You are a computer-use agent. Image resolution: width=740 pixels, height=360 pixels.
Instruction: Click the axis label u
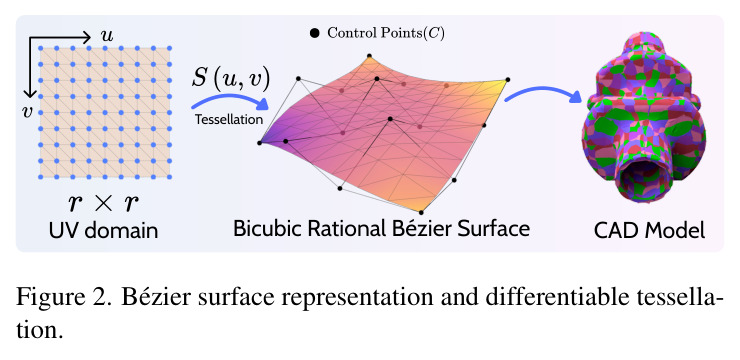coord(107,36)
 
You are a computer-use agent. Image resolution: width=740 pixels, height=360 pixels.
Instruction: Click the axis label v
coord(27,112)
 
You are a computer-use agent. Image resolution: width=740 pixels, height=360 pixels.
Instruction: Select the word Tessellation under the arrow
coord(229,120)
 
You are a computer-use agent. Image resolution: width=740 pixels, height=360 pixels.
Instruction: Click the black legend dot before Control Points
coord(314,33)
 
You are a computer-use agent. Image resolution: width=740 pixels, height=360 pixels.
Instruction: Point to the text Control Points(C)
coord(386,33)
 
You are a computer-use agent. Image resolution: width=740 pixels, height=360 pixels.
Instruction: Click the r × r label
coord(104,203)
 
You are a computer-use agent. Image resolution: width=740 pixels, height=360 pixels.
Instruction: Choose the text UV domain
coord(104,231)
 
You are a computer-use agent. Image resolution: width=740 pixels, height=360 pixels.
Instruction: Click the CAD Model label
coord(649,231)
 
